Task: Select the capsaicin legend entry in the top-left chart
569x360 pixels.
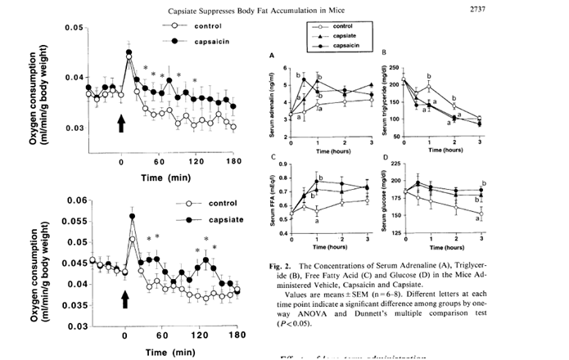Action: [x=215, y=38]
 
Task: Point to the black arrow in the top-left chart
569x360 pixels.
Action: [x=121, y=122]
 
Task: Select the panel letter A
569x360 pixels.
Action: [x=271, y=56]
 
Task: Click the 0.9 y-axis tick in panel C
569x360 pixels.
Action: [x=284, y=164]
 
